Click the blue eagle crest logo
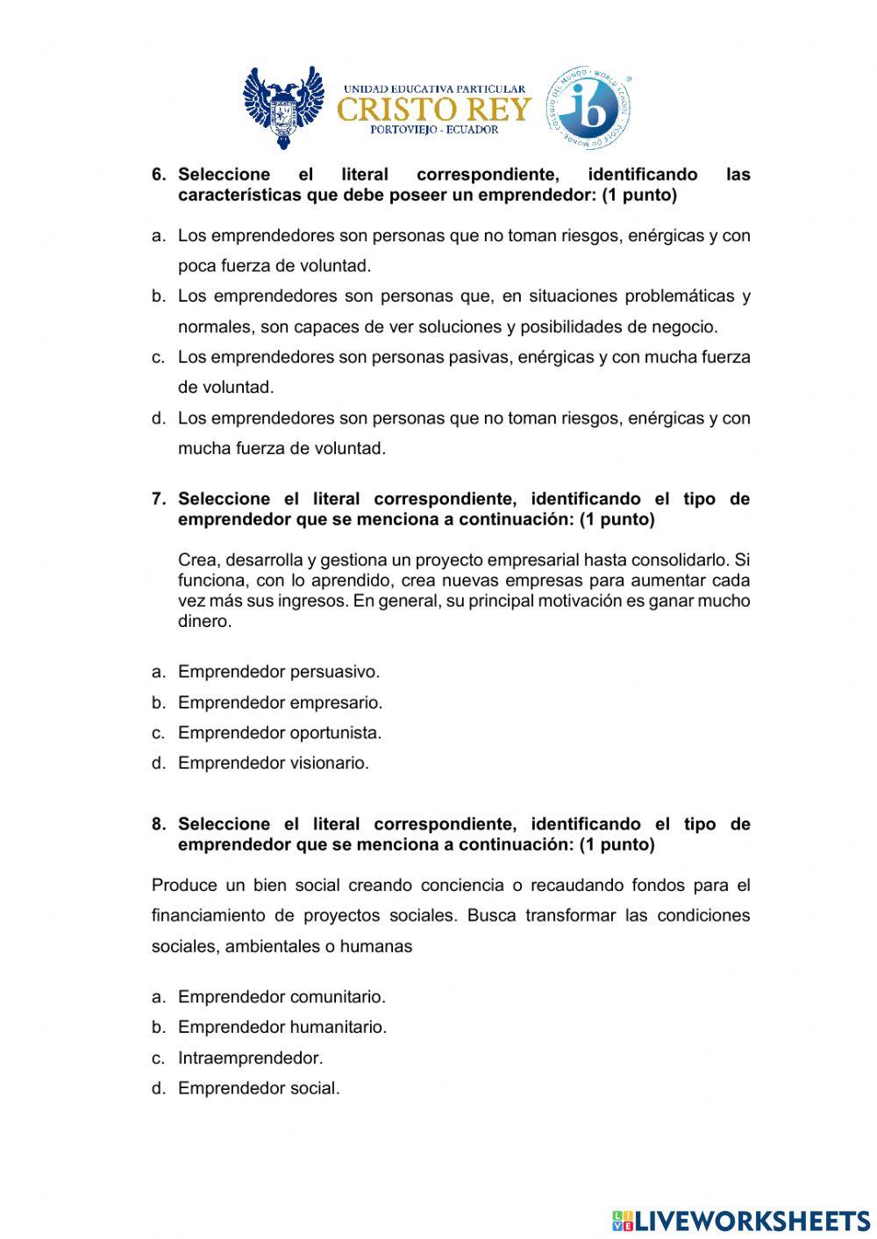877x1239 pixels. [x=283, y=108]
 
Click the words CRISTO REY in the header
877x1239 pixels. [x=434, y=109]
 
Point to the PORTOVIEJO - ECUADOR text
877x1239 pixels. [x=434, y=130]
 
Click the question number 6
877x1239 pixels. [x=159, y=174]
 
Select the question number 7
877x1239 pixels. [x=159, y=499]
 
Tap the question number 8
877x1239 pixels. [x=159, y=824]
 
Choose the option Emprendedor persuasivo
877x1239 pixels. [x=279, y=672]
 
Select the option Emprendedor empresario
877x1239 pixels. [x=280, y=702]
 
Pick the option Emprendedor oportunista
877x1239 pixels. [x=280, y=732]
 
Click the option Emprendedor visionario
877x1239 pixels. [x=274, y=763]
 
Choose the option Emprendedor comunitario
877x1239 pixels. [x=282, y=997]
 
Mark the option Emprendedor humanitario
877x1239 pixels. [x=282, y=1027]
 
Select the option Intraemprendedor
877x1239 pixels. [x=250, y=1057]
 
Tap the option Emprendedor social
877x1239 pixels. [x=259, y=1088]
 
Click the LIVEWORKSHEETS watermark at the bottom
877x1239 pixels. [x=741, y=1220]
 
